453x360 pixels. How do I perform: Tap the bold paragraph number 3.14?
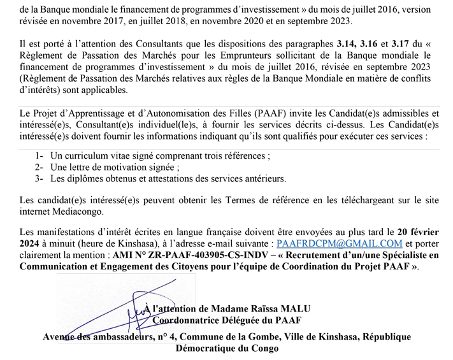pyautogui.click(x=347, y=44)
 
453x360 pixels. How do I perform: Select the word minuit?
pyautogui.click(x=57, y=243)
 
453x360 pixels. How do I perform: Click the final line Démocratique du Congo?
pyautogui.click(x=227, y=349)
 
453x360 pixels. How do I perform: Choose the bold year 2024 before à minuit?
pyautogui.click(x=31, y=243)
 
